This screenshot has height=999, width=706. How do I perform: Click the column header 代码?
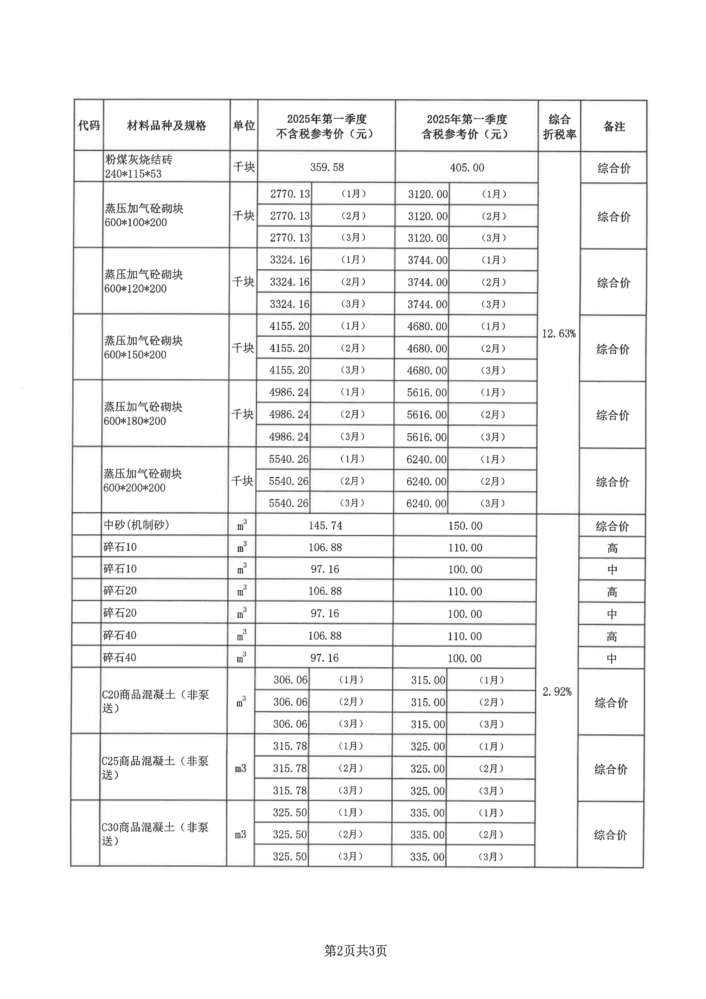(89, 126)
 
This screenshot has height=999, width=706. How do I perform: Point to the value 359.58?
(327, 167)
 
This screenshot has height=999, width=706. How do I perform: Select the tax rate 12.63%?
(559, 334)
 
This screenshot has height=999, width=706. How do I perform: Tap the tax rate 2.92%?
(557, 692)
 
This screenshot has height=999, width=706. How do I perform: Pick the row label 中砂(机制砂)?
(136, 525)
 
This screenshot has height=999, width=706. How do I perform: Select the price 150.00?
(465, 526)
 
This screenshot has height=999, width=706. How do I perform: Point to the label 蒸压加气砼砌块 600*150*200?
(143, 347)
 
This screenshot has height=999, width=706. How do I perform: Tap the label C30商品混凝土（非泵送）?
(155, 834)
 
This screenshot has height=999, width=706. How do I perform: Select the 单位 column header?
(244, 126)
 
